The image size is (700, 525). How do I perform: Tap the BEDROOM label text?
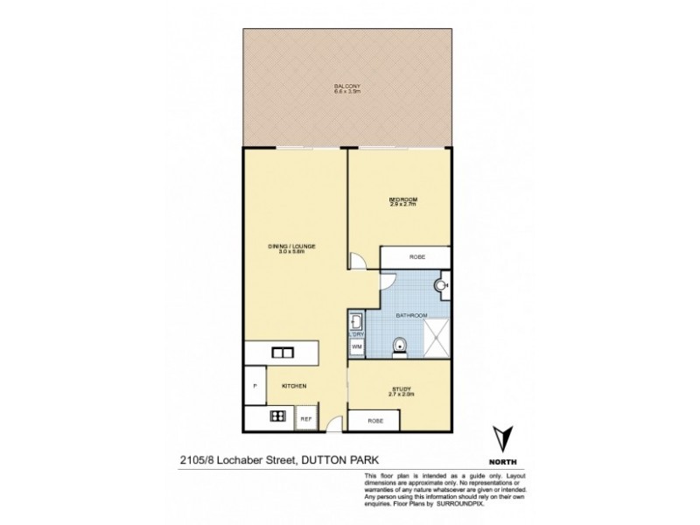coord(403,202)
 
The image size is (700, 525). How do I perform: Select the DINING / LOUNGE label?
coord(292,249)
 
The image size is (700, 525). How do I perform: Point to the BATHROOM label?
coord(411,315)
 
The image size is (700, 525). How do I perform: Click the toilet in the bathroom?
coord(399,346)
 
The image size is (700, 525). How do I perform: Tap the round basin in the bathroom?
coord(443,282)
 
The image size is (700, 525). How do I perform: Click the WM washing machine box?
coord(356,347)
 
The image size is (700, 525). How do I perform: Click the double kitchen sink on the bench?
coord(282,353)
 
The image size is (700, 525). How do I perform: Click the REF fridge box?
coord(307,419)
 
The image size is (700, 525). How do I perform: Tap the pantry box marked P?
coord(255,385)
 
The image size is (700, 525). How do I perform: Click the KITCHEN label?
coord(292,386)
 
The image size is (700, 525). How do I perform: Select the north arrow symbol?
coord(501,437)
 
